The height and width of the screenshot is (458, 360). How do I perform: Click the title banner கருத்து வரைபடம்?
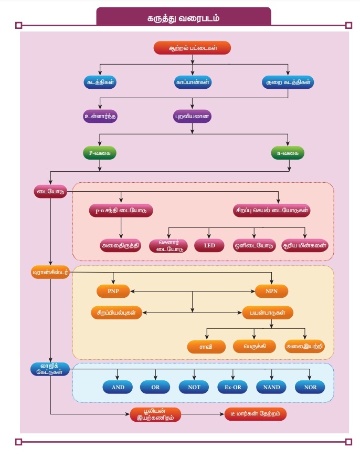pos(183,18)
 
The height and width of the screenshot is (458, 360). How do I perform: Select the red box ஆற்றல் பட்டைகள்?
pos(193,48)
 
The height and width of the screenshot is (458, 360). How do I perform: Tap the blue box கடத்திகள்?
pos(100,82)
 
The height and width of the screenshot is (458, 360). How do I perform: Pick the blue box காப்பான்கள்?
pos(193,82)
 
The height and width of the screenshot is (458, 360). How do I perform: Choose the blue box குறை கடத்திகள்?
pos(287,82)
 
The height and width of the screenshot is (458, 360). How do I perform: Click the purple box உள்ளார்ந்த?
pos(100,116)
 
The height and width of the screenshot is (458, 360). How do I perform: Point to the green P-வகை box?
pos(100,153)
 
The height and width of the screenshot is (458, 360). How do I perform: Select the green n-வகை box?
pos(288,153)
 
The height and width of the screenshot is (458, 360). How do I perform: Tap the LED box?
pos(209,246)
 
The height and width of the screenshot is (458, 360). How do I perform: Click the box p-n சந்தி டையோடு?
pos(121,211)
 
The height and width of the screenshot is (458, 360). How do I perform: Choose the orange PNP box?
pos(113,290)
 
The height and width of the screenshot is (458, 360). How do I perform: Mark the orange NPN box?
pos(271,290)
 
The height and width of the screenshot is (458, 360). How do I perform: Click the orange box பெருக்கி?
pos(255,346)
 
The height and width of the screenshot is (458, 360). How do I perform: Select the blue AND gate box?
pos(118,387)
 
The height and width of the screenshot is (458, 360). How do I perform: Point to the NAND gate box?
pos(272,387)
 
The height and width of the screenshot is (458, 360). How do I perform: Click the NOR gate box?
pos(310,387)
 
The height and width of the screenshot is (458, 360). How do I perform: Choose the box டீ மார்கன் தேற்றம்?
pos(256,414)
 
